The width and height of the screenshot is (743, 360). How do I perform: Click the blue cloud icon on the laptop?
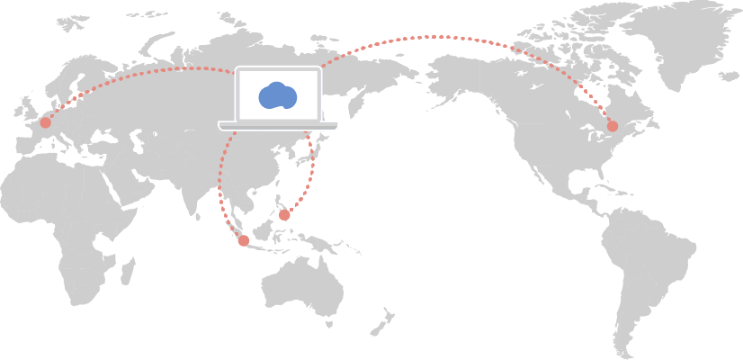[x=277, y=95]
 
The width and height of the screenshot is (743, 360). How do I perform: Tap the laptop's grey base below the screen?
[x=277, y=126]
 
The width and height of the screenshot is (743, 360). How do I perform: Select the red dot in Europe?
[x=46, y=122]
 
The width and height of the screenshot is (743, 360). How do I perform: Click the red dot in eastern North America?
[x=613, y=126]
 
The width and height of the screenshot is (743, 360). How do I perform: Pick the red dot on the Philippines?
[x=284, y=215]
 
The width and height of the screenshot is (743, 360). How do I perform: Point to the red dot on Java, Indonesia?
[x=243, y=240]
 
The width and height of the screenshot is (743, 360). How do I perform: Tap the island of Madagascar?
[x=128, y=270]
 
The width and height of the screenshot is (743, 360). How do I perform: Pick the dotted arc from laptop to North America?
[x=441, y=37]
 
